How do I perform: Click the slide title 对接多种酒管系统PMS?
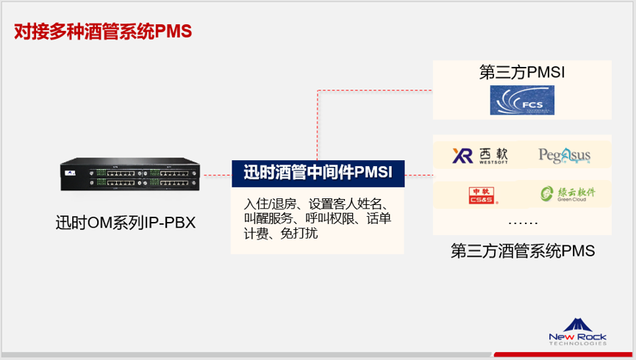pos(103,32)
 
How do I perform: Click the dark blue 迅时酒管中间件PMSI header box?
pos(318,173)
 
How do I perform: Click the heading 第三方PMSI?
pos(521,73)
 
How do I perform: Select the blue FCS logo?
pos(522,100)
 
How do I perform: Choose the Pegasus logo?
pos(564,155)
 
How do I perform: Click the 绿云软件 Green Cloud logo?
pos(566,194)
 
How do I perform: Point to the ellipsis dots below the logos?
pos(523,221)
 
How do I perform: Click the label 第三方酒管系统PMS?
pos(522,251)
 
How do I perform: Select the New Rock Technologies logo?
pos(577,331)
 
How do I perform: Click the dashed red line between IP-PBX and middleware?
pos(218,176)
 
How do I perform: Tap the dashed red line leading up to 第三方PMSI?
pos(318,125)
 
